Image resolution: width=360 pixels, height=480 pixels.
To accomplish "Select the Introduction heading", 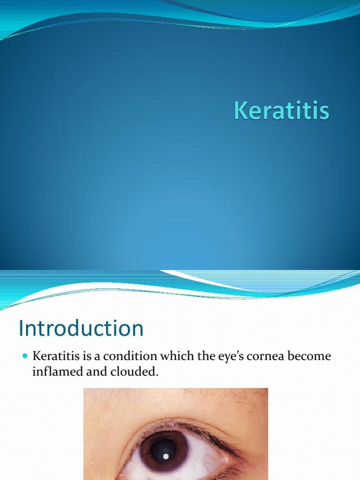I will [81, 329].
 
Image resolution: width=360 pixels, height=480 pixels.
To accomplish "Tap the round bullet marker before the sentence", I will [25, 357].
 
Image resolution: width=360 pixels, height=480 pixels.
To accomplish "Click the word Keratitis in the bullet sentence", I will [54, 356].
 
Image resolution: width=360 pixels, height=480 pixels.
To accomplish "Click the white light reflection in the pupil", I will [165, 456].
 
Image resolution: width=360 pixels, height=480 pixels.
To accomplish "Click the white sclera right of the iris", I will [206, 462].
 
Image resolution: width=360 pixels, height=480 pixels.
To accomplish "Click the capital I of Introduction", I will [22, 329].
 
